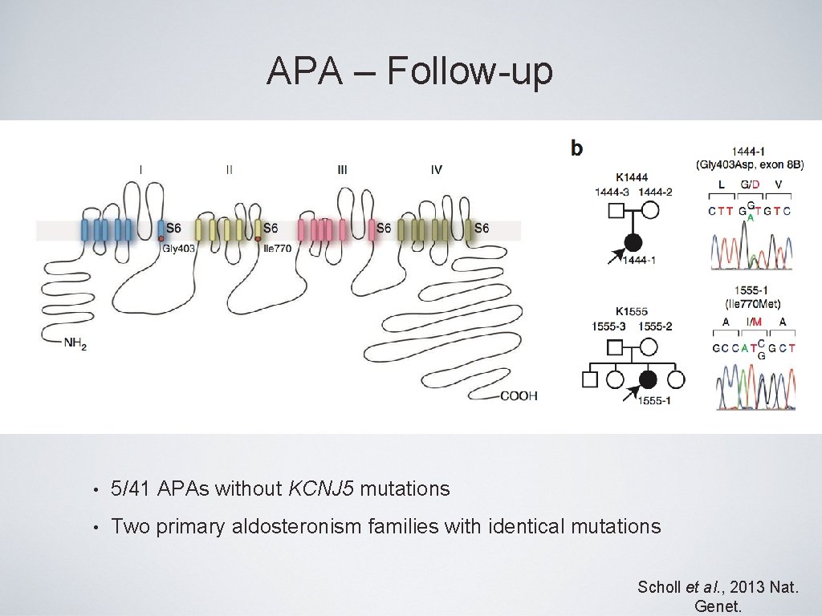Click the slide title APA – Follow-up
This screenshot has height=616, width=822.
tap(410, 71)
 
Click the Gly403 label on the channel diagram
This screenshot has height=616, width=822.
tap(179, 248)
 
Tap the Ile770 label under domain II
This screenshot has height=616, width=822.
tap(277, 248)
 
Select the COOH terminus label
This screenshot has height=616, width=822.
tap(519, 395)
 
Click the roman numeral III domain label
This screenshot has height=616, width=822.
tap(343, 170)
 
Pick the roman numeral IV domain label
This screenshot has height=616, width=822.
tap(436, 170)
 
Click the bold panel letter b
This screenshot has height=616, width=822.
tap(577, 148)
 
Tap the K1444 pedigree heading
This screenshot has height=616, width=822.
tap(632, 177)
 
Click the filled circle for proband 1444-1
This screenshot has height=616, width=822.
tap(633, 241)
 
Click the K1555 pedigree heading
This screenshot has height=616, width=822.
tap(632, 311)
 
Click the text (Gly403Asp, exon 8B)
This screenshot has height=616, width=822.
tap(750, 164)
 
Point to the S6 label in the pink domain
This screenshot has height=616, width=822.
tap(384, 229)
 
